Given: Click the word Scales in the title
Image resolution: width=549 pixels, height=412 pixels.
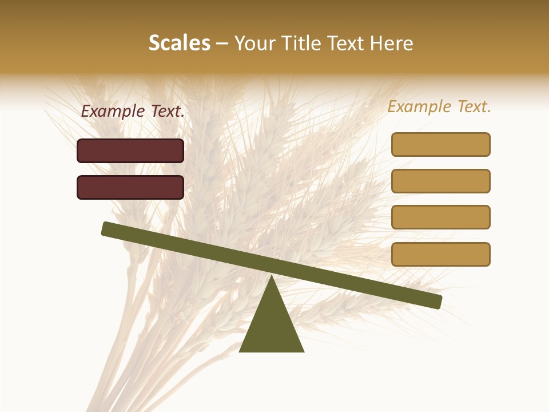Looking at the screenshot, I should pyautogui.click(x=179, y=43).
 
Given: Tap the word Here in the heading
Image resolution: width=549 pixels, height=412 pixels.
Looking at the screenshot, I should pyautogui.click(x=391, y=43).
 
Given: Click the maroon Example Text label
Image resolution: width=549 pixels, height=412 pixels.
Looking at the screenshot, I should pyautogui.click(x=133, y=112).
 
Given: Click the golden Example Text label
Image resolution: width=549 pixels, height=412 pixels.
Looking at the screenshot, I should pyautogui.click(x=439, y=106).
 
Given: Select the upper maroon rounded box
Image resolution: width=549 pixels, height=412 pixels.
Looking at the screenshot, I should pyautogui.click(x=130, y=150).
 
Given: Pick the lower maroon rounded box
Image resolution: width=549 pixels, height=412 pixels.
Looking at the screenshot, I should pyautogui.click(x=130, y=187).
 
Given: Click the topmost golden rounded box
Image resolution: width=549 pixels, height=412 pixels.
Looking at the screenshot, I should pyautogui.click(x=440, y=144).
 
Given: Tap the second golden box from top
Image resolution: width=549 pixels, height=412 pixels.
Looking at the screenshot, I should pyautogui.click(x=440, y=181).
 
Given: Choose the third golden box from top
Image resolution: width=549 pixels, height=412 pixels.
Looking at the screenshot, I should pyautogui.click(x=440, y=217).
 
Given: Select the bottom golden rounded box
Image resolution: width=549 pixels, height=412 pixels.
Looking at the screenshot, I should pyautogui.click(x=440, y=254).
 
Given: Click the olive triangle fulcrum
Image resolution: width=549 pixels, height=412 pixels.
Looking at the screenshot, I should pyautogui.click(x=272, y=326).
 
